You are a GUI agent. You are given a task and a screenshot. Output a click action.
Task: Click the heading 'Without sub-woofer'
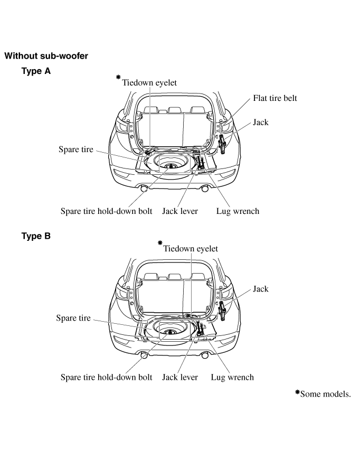click(x=46, y=55)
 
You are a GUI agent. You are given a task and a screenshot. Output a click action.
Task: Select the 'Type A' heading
click(x=36, y=71)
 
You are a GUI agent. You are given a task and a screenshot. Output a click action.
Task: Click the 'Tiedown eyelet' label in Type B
click(x=191, y=248)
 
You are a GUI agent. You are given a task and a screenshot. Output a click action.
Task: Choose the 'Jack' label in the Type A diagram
click(x=260, y=122)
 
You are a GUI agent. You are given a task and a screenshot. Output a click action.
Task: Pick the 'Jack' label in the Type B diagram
click(x=260, y=289)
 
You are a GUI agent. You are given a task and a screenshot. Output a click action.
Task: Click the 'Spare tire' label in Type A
click(x=75, y=149)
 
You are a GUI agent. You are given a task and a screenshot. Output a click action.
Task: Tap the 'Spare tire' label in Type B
click(x=73, y=318)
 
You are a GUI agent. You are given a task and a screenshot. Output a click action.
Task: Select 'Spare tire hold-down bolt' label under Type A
click(x=107, y=211)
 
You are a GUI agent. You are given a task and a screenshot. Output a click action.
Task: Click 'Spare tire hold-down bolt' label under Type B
click(x=107, y=377)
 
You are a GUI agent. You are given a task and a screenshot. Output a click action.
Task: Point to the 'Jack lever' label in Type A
click(x=180, y=211)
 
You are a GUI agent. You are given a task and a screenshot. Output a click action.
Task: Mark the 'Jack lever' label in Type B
click(x=180, y=377)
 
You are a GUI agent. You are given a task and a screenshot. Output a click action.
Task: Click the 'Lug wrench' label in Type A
click(x=238, y=211)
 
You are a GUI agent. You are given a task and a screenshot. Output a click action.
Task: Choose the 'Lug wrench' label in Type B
click(x=232, y=377)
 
